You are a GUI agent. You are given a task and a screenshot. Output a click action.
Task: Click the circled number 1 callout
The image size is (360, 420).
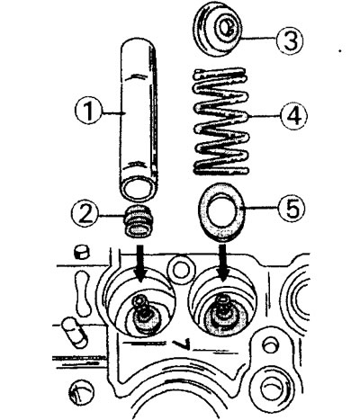click(x=88, y=112)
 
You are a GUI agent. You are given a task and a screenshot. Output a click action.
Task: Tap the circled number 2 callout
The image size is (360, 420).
click(x=85, y=214)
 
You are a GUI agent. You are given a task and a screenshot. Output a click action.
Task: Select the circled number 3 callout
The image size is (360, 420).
click(x=289, y=40)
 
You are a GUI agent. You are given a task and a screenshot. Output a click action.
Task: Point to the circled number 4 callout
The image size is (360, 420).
click(x=293, y=116)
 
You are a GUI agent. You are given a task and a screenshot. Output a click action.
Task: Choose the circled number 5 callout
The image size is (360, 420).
click(x=291, y=208)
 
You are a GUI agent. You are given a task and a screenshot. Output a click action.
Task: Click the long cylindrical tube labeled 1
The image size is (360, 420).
click(x=138, y=120)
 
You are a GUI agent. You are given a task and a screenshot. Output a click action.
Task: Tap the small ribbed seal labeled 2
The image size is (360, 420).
click(x=138, y=221)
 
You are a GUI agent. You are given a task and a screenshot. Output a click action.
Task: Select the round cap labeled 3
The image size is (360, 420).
click(x=217, y=30)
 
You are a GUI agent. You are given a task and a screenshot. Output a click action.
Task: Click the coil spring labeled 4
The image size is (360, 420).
click(x=222, y=121)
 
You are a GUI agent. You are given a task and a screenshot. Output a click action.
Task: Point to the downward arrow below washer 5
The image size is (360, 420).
click(x=222, y=263)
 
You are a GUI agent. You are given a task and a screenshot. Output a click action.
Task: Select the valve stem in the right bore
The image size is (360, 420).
click(x=222, y=313)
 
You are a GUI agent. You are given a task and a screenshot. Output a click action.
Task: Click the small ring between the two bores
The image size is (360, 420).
click(x=180, y=269)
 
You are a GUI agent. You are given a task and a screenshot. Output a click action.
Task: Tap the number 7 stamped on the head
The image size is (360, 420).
click(x=184, y=344)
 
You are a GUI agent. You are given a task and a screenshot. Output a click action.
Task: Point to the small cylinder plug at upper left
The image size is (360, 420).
click(x=82, y=251)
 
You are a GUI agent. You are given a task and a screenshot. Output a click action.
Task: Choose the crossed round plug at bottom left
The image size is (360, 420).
click(x=81, y=391)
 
